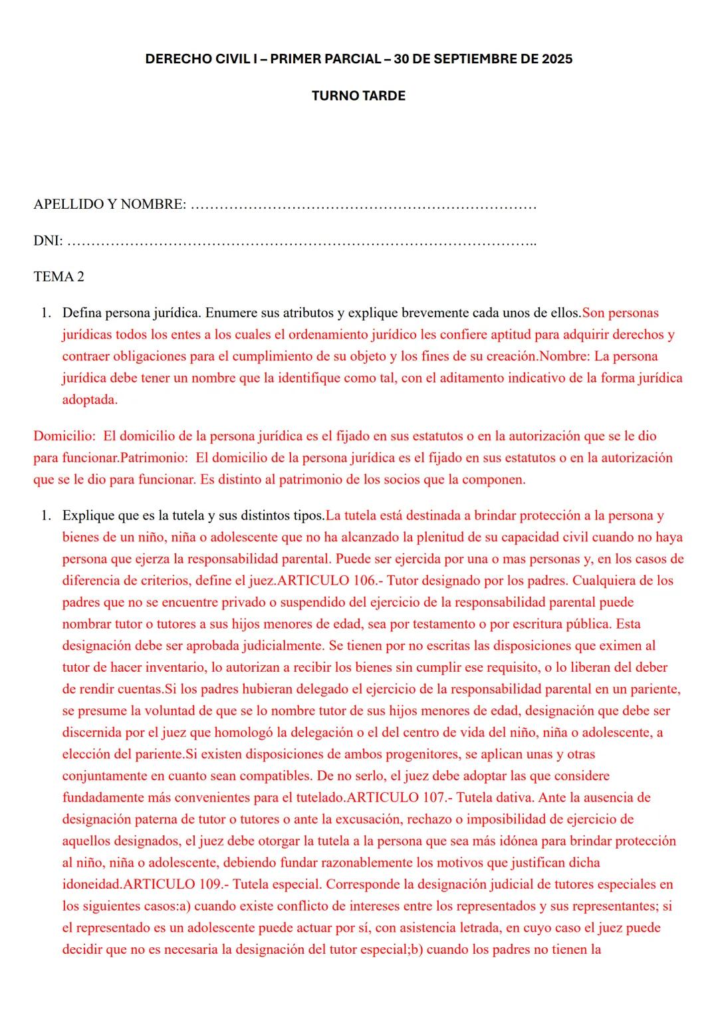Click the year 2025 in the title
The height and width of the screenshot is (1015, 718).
coord(556,59)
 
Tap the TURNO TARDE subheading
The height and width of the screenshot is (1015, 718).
coord(358,96)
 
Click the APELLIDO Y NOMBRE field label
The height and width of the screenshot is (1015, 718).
coord(110,204)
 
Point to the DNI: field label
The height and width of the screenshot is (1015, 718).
coord(48,241)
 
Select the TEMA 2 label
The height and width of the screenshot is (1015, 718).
coord(59,277)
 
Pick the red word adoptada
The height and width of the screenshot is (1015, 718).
coord(90,400)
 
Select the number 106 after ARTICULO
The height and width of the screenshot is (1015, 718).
coord(365,581)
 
